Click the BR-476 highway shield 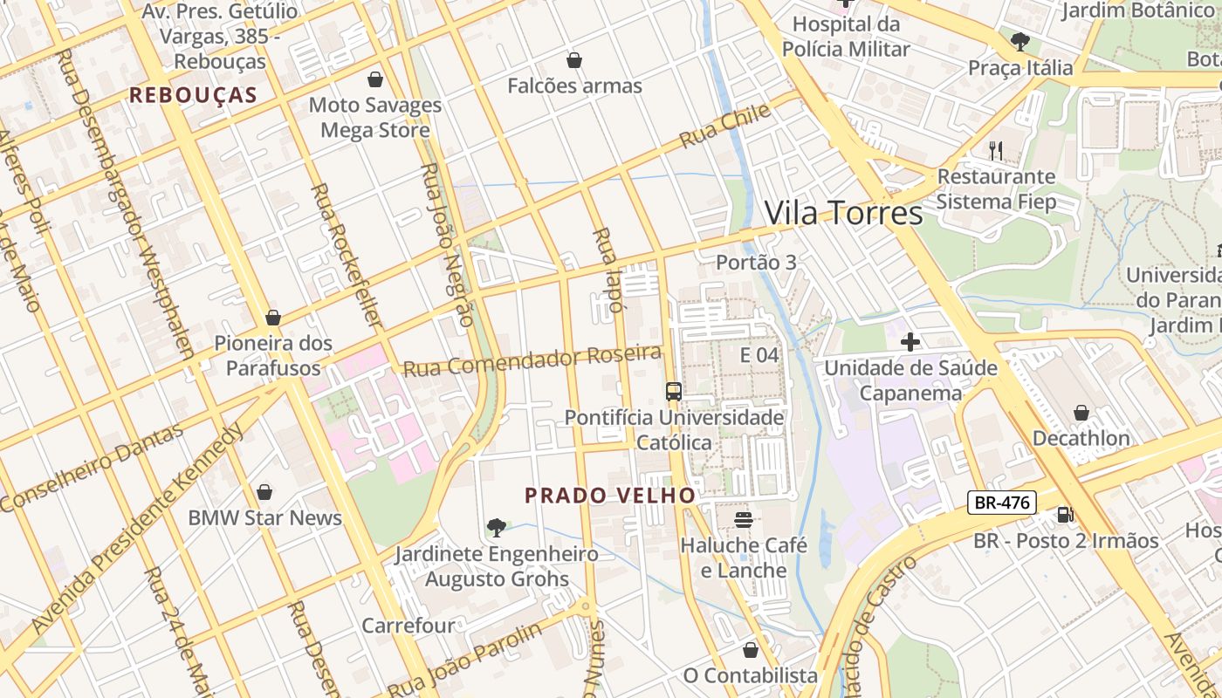1001,503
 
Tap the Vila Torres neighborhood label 843,213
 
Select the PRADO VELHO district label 610,496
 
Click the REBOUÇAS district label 193,95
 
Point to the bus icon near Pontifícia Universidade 673,391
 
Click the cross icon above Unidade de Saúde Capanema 910,341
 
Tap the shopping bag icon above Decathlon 1081,412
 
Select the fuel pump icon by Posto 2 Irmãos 1065,514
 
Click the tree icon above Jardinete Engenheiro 496,527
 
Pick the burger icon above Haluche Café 744,520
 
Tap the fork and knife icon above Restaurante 996,150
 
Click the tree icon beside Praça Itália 1019,41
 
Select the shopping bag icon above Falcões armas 574,60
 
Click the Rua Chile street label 725,126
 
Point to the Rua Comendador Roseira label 532,359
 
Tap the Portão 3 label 756,262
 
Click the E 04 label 759,355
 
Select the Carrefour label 408,626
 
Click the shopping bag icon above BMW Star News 264,492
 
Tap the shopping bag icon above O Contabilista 750,650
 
